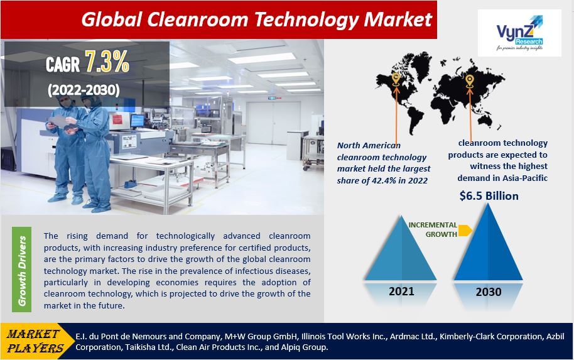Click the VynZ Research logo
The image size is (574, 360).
pyautogui.click(x=519, y=33)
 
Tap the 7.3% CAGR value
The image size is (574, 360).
pyautogui.click(x=107, y=63)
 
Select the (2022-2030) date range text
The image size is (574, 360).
pyautogui.click(x=84, y=90)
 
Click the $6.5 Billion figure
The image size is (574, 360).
pyautogui.click(x=489, y=196)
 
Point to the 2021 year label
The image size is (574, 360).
pyautogui.click(x=401, y=292)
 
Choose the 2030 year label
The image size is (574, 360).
pyautogui.click(x=488, y=292)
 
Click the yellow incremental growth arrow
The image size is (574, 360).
pyautogui.click(x=465, y=231)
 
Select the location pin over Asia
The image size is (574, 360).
pyautogui.click(x=469, y=80)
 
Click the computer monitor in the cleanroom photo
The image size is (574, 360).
pyautogui.click(x=137, y=120)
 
